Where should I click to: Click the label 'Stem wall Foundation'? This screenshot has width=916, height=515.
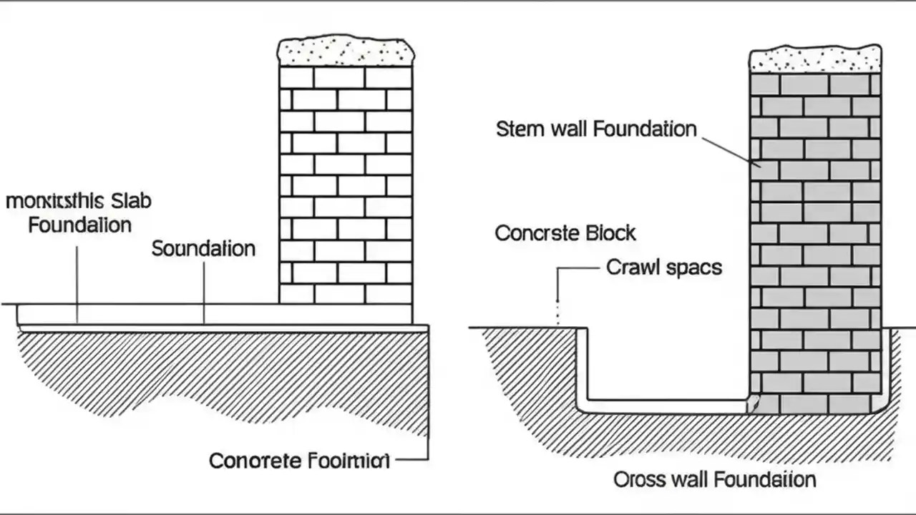pos(595,129)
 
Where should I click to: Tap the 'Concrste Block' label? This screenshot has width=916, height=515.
pos(565,233)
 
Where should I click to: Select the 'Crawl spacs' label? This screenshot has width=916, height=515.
pos(663,268)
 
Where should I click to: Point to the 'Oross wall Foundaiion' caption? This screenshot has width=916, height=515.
pos(714,479)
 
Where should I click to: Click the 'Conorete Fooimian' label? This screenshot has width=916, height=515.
pos(300,460)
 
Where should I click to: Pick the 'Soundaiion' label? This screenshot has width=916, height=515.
pos(203,249)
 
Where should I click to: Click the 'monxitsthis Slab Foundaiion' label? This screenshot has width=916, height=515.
pos(79,212)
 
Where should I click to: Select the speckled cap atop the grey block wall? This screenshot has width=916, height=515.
pos(815,59)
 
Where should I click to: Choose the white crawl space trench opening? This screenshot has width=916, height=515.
pos(666,365)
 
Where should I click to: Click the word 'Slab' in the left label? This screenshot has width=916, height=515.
pos(131,201)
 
